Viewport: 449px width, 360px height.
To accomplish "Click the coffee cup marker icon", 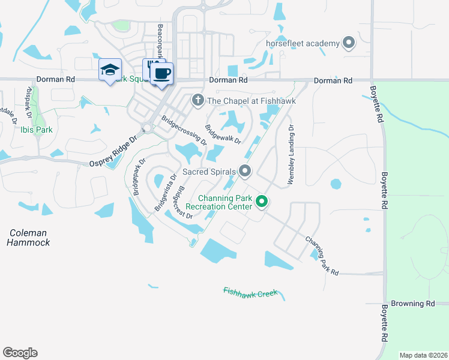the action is (x=161, y=73).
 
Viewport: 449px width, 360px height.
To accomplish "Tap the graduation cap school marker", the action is (x=110, y=70).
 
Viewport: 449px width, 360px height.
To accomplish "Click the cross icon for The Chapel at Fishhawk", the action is (x=196, y=101).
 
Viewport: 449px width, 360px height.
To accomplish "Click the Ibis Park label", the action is (x=37, y=130).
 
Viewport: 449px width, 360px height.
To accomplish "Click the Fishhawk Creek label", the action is (x=250, y=292).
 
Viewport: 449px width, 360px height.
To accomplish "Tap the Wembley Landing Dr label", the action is (x=291, y=154).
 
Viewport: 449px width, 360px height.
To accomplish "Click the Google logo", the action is (x=20, y=353).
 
